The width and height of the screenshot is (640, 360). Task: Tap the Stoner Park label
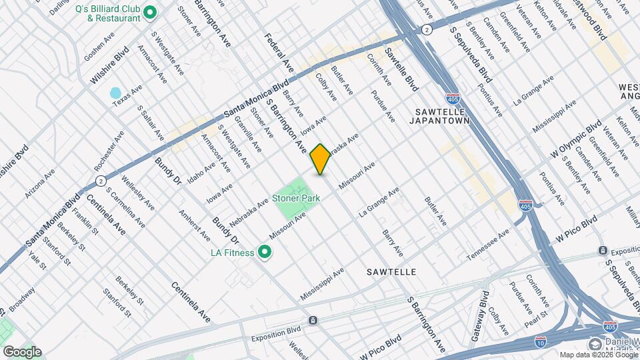pos(296,198)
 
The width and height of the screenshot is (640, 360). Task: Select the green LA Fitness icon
pos(264,252)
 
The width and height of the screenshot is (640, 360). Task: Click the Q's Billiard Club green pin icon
pos(150,12)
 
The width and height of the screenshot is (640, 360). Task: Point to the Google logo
pos(21,351)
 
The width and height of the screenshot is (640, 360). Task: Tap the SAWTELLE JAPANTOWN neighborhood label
pos(442,115)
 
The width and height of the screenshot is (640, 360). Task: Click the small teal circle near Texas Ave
pos(115,93)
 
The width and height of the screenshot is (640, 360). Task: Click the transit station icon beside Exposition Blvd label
pos(311,321)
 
